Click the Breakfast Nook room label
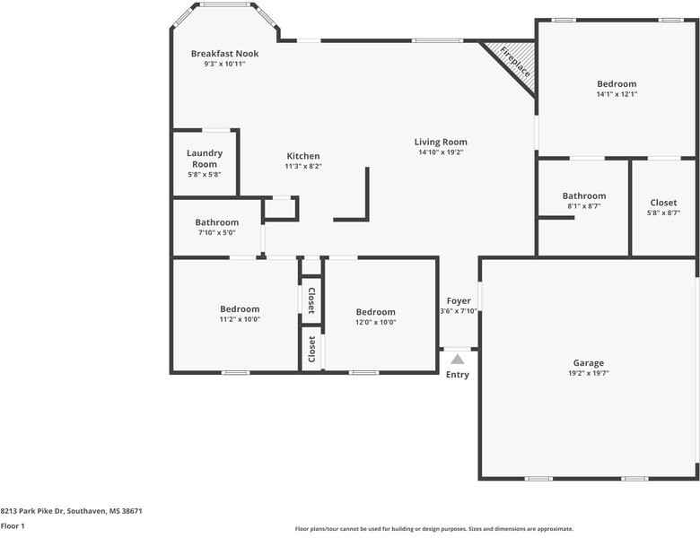pos(224,54)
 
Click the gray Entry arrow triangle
pos(458,359)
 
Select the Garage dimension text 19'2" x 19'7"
pos(589,374)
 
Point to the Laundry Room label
pos(205,159)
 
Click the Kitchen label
pos(303,156)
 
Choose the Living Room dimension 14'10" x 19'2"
pos(441,152)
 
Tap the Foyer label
pos(459,300)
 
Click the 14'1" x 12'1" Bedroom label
pos(617,84)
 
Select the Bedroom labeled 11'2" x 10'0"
pos(241,309)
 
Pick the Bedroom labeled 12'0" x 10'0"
pos(375,313)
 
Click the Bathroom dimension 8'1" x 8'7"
pos(584,206)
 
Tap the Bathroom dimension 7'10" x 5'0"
pos(217,233)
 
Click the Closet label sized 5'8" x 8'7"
pos(663,203)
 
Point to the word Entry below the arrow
pos(458,375)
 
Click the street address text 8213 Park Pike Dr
pos(71,511)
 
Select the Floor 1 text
pos(13,526)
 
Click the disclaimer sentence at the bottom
pos(434,529)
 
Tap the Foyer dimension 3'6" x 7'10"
pos(459,311)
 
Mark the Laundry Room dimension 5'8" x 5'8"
pos(205,175)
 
